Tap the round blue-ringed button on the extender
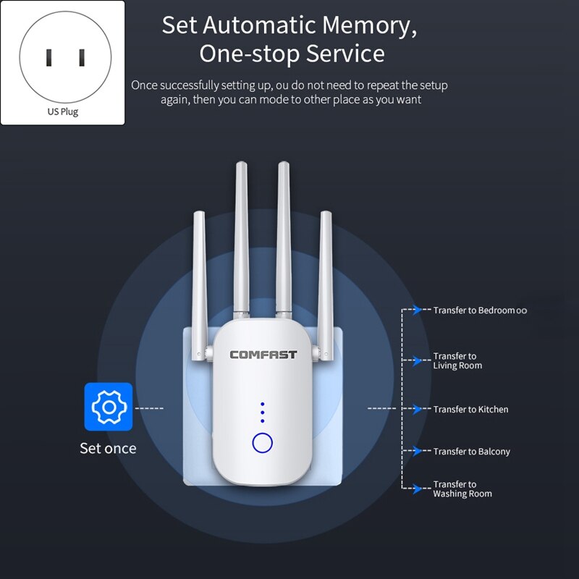point(262,442)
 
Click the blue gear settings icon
point(109,407)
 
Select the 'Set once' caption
point(108,449)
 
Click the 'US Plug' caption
point(62,112)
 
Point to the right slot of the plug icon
point(81,57)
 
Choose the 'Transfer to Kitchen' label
point(470,410)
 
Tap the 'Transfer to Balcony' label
point(471,452)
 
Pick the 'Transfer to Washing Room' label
point(462,489)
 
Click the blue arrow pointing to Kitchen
point(417,409)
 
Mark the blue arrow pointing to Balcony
point(417,451)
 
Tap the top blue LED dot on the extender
point(262,405)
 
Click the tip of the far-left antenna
point(198,214)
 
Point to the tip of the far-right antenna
point(326,214)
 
